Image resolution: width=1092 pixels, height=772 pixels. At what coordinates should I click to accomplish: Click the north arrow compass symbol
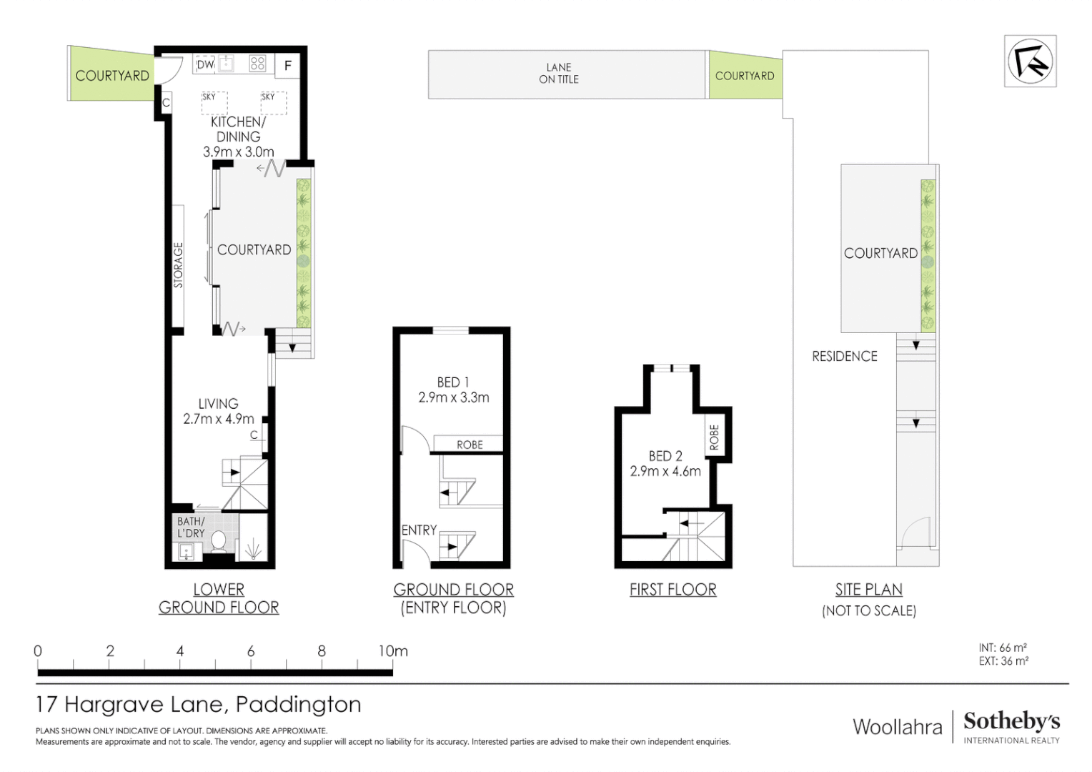(x=1030, y=61)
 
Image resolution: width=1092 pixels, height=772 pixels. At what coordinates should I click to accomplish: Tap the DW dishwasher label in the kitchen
(x=205, y=64)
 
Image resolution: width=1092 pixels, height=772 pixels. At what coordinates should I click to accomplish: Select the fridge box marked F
(x=288, y=66)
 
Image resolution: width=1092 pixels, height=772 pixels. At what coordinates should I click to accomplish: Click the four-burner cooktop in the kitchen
(x=257, y=64)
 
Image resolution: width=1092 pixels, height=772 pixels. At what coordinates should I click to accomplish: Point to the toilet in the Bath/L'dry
(x=219, y=542)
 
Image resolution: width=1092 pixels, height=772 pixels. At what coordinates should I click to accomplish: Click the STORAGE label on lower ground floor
(x=178, y=265)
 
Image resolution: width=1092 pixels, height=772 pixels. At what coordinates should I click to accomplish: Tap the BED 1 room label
(x=453, y=382)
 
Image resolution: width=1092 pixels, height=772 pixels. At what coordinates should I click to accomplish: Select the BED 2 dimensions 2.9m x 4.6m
(x=665, y=472)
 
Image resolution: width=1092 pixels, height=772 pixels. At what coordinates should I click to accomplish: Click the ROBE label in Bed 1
(x=470, y=445)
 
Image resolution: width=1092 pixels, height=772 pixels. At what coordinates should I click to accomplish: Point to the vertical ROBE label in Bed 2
(x=714, y=437)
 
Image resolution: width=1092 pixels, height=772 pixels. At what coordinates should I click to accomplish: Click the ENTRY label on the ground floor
(x=419, y=530)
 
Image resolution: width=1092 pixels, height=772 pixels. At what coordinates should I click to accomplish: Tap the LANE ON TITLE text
(x=559, y=74)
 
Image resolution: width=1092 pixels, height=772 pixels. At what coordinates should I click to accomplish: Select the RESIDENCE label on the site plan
(x=844, y=356)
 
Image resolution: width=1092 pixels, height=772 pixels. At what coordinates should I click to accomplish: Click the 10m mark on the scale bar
(x=392, y=651)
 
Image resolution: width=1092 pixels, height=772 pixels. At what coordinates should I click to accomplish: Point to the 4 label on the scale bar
(x=180, y=651)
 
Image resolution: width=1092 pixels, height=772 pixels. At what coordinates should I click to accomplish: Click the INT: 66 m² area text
(x=1003, y=648)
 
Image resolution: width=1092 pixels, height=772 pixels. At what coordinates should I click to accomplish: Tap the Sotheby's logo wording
(x=1011, y=721)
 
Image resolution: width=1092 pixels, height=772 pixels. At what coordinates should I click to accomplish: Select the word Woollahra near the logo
(x=898, y=727)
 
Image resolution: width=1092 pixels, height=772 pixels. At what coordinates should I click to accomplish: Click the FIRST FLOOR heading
(x=672, y=590)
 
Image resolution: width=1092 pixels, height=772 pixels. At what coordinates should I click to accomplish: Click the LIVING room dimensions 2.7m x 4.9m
(x=219, y=419)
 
